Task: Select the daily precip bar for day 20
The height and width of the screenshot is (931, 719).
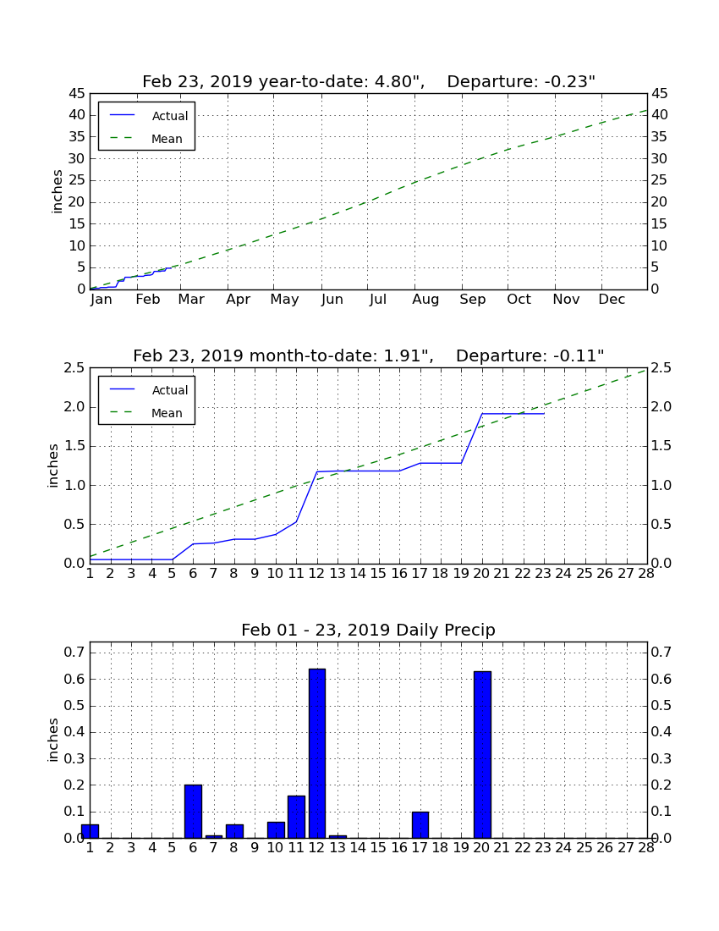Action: [x=482, y=755]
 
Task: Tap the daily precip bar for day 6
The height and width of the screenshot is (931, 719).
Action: [x=194, y=811]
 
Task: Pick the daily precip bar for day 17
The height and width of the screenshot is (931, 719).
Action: [x=420, y=824]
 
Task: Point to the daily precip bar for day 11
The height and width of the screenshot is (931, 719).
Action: [x=297, y=817]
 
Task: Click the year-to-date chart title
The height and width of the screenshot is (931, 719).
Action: [x=369, y=81]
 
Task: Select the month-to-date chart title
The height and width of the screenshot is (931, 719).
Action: [x=369, y=355]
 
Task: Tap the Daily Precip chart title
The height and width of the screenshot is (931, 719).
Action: [x=369, y=630]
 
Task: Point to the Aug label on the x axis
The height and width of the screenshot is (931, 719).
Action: [x=425, y=300]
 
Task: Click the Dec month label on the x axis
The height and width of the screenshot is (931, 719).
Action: [x=612, y=300]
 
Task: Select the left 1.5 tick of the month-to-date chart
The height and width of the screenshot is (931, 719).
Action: [x=74, y=446]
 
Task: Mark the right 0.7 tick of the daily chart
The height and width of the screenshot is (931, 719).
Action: [x=661, y=652]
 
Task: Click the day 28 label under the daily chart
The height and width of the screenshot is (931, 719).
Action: [x=646, y=847]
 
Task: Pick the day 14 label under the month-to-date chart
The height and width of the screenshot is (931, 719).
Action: [x=358, y=573]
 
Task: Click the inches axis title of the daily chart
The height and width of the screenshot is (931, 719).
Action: [x=53, y=740]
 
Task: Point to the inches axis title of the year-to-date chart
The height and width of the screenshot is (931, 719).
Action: [x=57, y=191]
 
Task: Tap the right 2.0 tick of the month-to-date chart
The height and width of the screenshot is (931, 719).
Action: [x=661, y=407]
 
